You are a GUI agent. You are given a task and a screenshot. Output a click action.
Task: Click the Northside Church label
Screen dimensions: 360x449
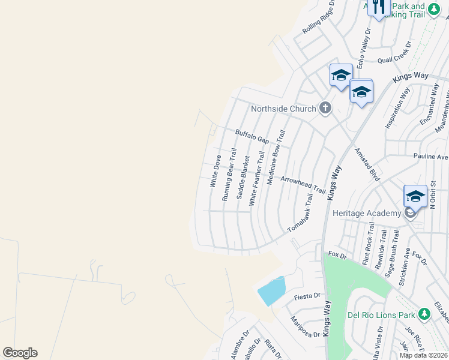[x=283, y=109]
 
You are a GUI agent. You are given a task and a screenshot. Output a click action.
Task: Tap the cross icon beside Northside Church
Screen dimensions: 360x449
[x=325, y=108]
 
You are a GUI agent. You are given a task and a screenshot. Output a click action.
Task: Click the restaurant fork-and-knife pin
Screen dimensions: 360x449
[x=378, y=8]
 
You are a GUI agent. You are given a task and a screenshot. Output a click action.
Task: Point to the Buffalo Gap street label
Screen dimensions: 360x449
[x=252, y=136]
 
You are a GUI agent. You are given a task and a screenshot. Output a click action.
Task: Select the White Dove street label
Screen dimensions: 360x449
[x=215, y=171]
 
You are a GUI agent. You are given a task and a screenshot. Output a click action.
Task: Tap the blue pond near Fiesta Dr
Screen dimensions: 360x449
[x=272, y=292]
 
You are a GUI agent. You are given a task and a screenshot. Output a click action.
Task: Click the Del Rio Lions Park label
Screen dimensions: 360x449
[x=382, y=314]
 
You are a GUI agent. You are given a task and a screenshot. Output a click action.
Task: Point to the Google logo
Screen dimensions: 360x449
[x=20, y=353]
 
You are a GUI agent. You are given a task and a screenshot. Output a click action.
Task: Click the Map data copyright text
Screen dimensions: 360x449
[x=424, y=355]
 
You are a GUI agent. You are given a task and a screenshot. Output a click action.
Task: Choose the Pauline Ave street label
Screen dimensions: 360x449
[x=430, y=157]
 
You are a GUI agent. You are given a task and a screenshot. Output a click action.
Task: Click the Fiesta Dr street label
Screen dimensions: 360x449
[x=308, y=296]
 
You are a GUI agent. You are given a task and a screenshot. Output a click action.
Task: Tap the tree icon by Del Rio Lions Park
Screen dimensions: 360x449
[x=424, y=314]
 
